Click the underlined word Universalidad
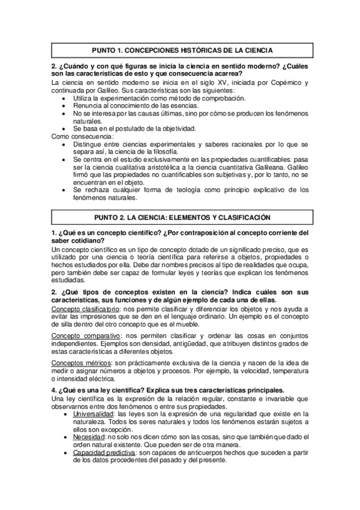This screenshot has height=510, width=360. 94,414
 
